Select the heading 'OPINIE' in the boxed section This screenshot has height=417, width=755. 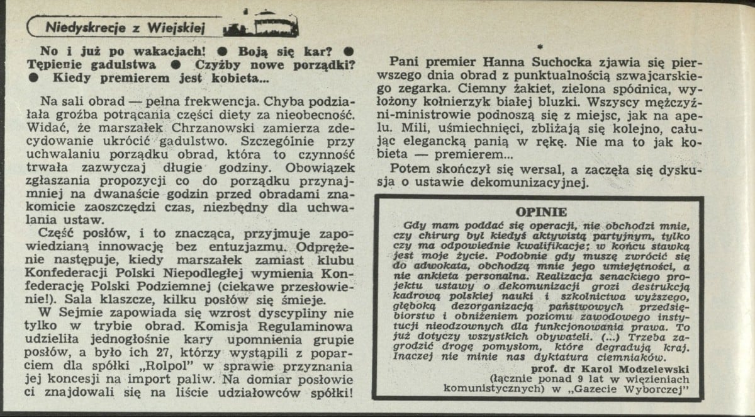coord(542,211)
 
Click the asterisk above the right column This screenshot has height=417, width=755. coord(540,46)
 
